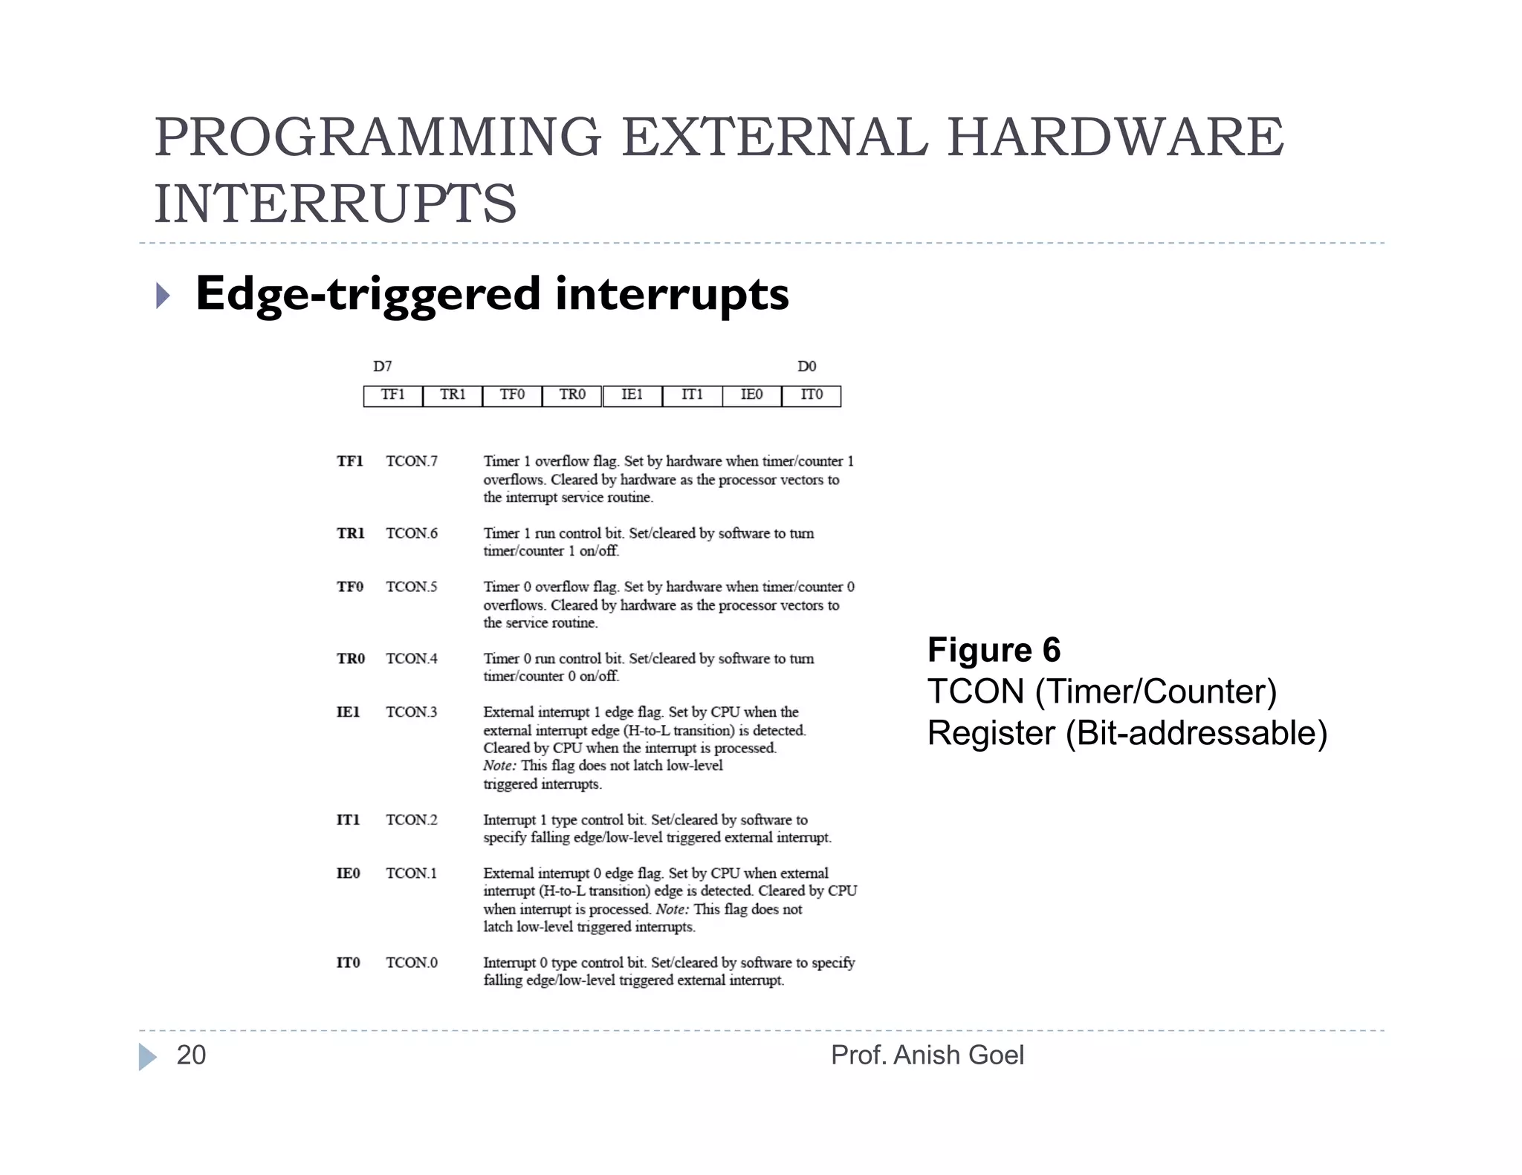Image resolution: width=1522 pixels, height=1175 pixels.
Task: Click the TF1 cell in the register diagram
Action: point(392,395)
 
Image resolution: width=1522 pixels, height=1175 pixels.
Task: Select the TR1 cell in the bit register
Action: point(453,395)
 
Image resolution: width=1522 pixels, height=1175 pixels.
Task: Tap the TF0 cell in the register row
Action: point(512,395)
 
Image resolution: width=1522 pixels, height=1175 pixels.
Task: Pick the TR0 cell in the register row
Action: point(572,395)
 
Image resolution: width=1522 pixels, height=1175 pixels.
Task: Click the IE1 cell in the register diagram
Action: point(632,395)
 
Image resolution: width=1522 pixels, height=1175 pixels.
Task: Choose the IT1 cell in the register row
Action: point(692,395)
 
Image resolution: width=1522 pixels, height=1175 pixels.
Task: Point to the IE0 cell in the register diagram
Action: point(751,395)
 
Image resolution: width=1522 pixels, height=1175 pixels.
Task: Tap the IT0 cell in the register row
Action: point(812,395)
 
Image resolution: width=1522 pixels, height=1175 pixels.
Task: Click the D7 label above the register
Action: point(382,366)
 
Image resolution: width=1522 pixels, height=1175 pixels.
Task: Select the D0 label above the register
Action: point(806,366)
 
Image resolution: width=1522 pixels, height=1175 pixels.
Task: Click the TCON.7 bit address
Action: point(412,461)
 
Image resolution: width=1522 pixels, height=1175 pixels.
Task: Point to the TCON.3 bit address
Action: point(412,712)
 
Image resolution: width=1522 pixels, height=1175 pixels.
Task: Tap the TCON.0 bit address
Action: point(412,963)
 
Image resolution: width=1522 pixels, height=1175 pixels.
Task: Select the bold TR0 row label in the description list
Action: point(351,659)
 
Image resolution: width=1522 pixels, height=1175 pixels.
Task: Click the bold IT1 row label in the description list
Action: point(348,820)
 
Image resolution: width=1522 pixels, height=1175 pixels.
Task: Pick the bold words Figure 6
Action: point(994,650)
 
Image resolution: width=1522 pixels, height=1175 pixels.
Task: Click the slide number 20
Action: point(191,1055)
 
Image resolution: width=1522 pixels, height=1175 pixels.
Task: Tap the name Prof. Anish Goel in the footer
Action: point(927,1055)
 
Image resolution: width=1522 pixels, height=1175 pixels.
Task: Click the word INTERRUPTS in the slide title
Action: point(335,204)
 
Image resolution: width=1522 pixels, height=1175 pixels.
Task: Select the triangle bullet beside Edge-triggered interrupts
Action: point(163,296)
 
